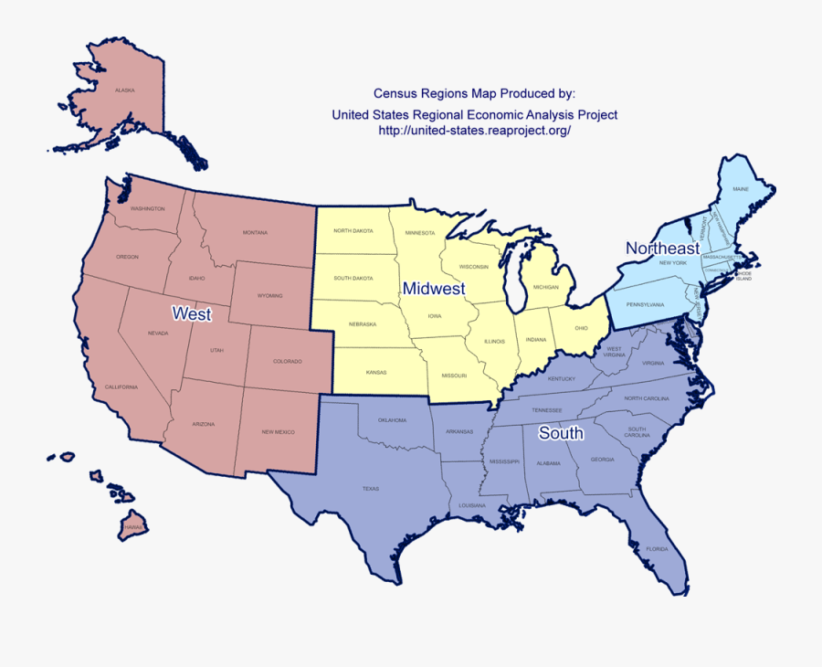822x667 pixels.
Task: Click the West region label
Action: [x=192, y=314]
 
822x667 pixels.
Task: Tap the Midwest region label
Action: [x=434, y=289]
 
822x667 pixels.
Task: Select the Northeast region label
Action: [x=662, y=249]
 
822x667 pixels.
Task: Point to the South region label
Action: [x=561, y=433]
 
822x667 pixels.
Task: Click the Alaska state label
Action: [x=125, y=90]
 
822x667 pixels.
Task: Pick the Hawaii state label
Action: [x=134, y=527]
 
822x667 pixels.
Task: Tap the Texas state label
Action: [x=370, y=489]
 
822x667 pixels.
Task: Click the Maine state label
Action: [x=741, y=189]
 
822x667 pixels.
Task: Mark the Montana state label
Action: [x=255, y=233]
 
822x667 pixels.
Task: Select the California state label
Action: [x=121, y=387]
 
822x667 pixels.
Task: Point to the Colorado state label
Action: [x=287, y=362]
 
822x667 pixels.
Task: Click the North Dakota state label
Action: [x=353, y=231]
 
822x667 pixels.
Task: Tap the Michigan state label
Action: [x=546, y=287]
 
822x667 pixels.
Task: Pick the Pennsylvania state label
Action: [x=645, y=303]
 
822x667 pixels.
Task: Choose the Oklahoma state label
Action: [x=393, y=420]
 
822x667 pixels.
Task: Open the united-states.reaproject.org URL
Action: [x=474, y=131]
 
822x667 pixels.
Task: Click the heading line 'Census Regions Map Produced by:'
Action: [x=474, y=93]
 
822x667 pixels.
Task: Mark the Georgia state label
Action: [x=602, y=460]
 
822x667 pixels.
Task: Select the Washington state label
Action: [x=148, y=208]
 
